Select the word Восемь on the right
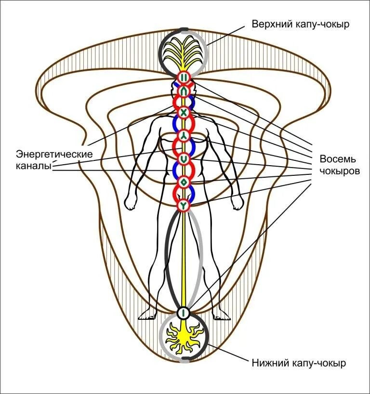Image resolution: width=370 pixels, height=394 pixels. [x=337, y=159]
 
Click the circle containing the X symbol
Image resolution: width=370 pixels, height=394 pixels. [x=184, y=112]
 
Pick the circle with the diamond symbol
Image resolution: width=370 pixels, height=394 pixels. [x=184, y=183]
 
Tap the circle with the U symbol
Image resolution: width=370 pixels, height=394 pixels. [x=184, y=158]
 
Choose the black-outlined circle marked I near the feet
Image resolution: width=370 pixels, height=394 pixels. [x=184, y=313]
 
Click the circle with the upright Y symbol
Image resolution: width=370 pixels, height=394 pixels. [x=184, y=206]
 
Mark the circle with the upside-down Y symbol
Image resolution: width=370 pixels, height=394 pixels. [x=184, y=135]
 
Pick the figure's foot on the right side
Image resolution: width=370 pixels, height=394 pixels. [x=220, y=315]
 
